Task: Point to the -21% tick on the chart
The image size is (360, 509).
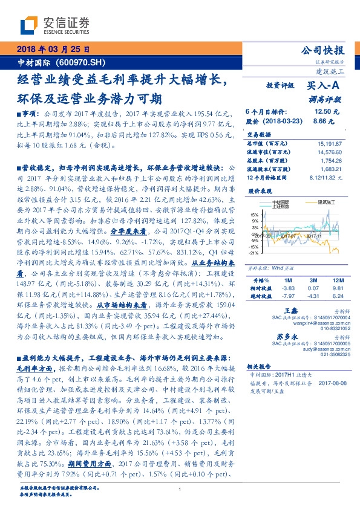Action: pos(253,253)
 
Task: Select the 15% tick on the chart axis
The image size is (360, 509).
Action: pos(254,214)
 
